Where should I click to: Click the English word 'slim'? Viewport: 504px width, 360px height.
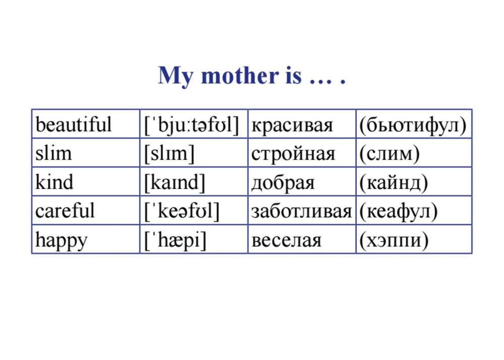coord(53,153)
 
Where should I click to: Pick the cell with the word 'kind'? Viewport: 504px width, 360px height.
coord(54,182)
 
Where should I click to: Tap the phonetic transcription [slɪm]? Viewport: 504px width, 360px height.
coord(169,153)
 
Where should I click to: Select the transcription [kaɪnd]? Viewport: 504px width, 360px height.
coord(175,182)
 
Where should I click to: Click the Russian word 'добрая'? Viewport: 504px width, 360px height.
coord(283,183)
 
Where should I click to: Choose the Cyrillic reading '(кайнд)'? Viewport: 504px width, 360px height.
coord(393,183)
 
